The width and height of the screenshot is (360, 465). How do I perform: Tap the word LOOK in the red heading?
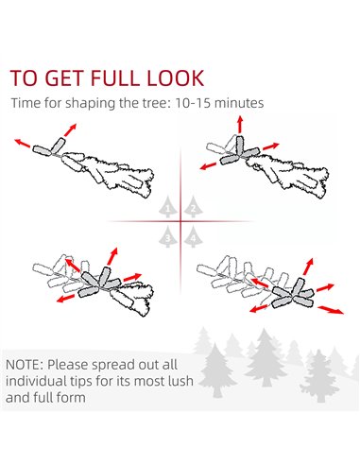[176, 77]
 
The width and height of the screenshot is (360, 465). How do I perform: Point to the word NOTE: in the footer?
[25, 365]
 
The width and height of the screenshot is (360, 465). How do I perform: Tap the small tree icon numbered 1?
[167, 207]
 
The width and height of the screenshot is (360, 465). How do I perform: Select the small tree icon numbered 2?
[193, 207]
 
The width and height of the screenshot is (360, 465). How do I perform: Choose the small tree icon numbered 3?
[167, 236]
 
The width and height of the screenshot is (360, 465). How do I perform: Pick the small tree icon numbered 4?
[193, 236]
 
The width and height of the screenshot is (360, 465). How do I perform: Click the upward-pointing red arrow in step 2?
[240, 124]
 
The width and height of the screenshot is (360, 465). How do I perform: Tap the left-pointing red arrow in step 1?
[23, 143]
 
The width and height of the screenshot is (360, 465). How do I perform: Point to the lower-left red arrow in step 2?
[208, 166]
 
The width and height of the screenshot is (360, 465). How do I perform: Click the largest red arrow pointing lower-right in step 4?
[331, 310]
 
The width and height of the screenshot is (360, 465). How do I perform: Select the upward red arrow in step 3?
[112, 256]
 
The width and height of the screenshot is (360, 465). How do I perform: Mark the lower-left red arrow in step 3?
[65, 299]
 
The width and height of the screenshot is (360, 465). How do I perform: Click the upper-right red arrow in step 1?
[70, 129]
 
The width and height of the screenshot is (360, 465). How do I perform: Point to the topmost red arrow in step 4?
[308, 267]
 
